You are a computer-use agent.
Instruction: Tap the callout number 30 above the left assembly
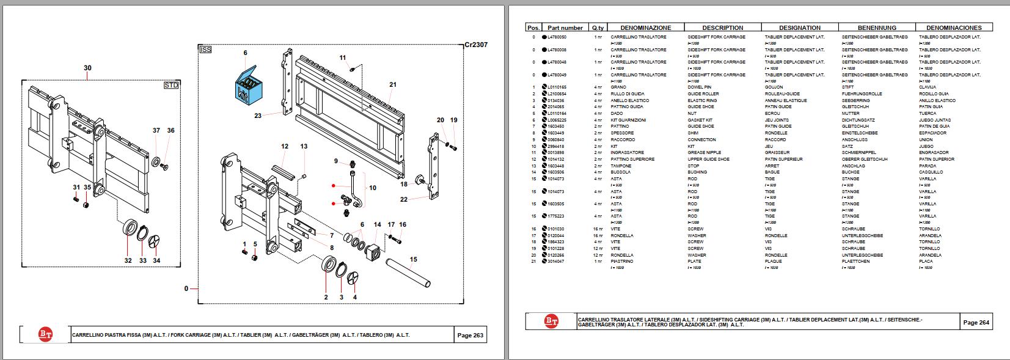click(x=87, y=68)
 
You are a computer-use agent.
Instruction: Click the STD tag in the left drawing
click(x=171, y=86)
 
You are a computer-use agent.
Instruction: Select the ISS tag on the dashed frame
click(x=205, y=50)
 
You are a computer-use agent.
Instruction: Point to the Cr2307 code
click(x=475, y=45)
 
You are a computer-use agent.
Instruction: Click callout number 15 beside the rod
click(x=414, y=259)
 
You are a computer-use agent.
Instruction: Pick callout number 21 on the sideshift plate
click(x=393, y=85)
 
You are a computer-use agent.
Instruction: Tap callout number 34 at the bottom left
click(x=157, y=260)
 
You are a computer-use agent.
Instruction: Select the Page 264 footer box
click(x=976, y=322)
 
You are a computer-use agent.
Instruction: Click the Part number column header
click(x=565, y=28)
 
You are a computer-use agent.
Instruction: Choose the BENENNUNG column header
click(x=877, y=28)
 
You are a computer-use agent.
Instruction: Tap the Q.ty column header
click(x=598, y=28)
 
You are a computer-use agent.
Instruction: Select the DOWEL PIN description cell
click(x=700, y=87)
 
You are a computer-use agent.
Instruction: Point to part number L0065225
click(x=557, y=120)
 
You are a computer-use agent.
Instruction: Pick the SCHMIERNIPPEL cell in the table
click(x=859, y=153)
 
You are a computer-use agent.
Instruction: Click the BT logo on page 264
click(x=551, y=321)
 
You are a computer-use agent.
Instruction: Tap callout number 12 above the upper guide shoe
click(x=285, y=147)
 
